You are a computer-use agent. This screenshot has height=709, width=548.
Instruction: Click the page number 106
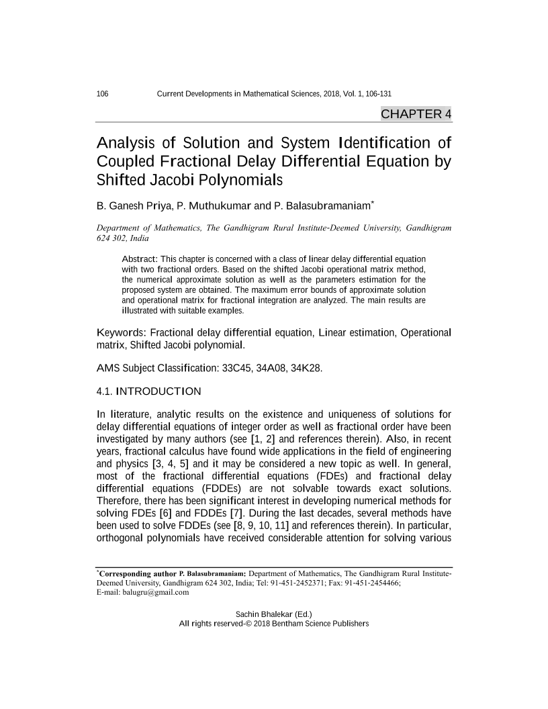(x=103, y=93)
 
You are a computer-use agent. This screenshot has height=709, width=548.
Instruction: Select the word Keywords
(x=121, y=333)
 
